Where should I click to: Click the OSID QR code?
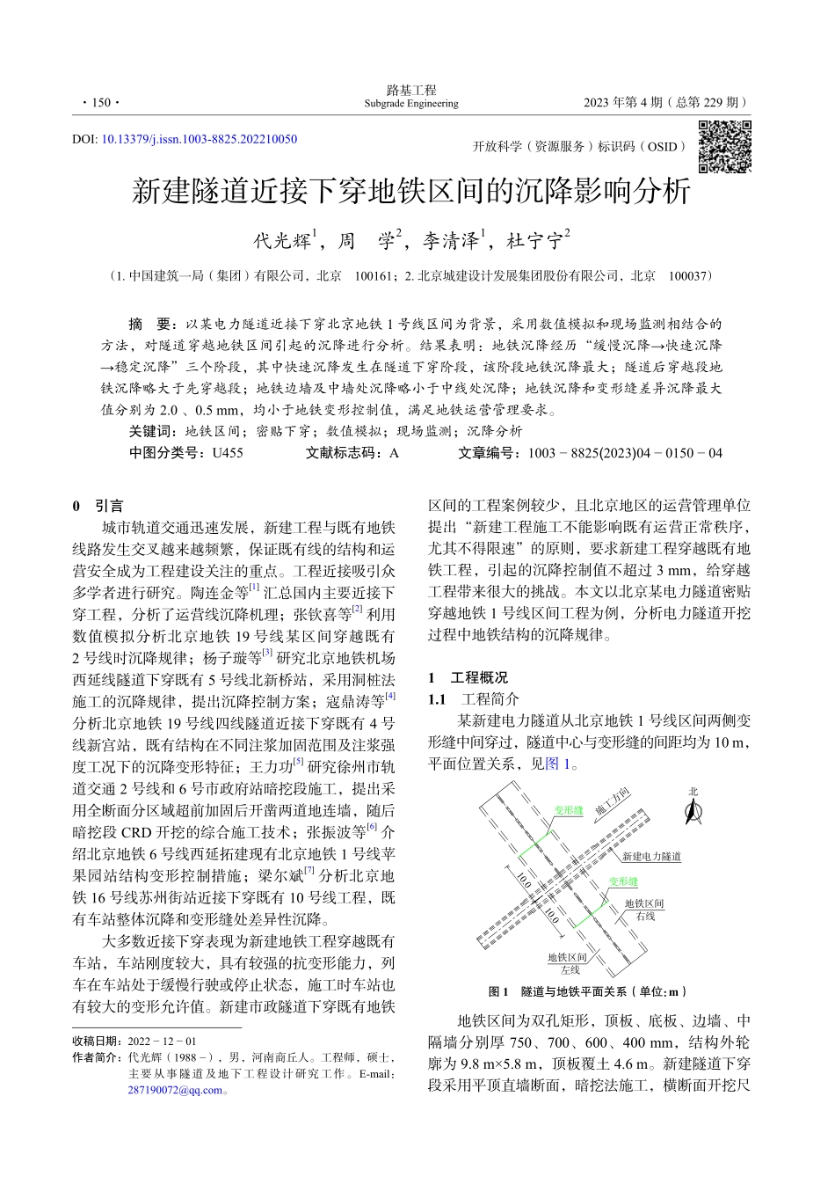pyautogui.click(x=724, y=147)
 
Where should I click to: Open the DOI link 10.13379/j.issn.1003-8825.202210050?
pyautogui.click(x=199, y=139)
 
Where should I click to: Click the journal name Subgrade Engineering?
pyautogui.click(x=411, y=104)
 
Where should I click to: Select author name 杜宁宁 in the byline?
pyautogui.click(x=538, y=240)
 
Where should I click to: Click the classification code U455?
pyautogui.click(x=227, y=453)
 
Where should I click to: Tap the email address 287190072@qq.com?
pyautogui.click(x=175, y=1091)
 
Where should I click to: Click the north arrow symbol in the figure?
pyautogui.click(x=693, y=810)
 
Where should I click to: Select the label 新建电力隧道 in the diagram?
pyautogui.click(x=651, y=856)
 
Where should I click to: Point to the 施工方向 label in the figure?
pyautogui.click(x=612, y=802)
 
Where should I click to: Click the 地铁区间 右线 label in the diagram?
pyautogui.click(x=644, y=910)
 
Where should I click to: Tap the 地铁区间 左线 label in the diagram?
pyautogui.click(x=568, y=963)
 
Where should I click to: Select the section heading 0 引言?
pyautogui.click(x=98, y=506)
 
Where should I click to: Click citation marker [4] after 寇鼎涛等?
pyautogui.click(x=390, y=696)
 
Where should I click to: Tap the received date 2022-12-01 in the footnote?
pyautogui.click(x=162, y=1041)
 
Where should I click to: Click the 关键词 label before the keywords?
pyautogui.click(x=153, y=431)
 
